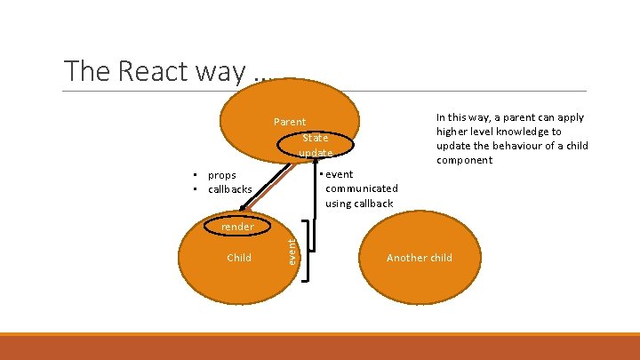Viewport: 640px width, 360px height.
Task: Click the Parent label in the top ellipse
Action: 290,122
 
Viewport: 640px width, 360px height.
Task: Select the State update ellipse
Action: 316,145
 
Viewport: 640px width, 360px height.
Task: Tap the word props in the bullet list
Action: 221,175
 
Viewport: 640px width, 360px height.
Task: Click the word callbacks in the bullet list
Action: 229,189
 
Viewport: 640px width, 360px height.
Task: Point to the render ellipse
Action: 237,227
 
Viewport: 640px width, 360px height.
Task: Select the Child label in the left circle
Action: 239,258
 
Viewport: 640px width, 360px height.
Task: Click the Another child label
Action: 419,258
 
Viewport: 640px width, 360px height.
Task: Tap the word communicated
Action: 362,188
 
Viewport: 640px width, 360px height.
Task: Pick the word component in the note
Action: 464,160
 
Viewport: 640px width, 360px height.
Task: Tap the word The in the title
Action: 83,70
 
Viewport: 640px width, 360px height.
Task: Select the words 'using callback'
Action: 359,204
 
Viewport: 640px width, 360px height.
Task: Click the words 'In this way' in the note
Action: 460,117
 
